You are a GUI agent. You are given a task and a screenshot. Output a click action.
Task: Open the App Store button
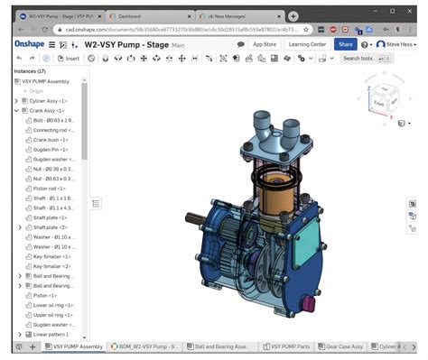pos(265,43)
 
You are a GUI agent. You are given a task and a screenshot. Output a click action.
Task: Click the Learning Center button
pos(307,43)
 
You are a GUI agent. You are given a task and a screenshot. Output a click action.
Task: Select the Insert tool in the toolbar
pos(69,59)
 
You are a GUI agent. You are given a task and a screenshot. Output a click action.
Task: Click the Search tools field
pos(363,59)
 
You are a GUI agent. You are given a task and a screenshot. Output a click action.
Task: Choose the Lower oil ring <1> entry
pos(54,304)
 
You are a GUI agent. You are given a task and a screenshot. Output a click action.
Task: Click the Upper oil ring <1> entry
pos(54,314)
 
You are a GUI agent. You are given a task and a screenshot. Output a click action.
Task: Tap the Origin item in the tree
pos(36,91)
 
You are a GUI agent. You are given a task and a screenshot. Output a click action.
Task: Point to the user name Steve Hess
pos(402,43)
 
